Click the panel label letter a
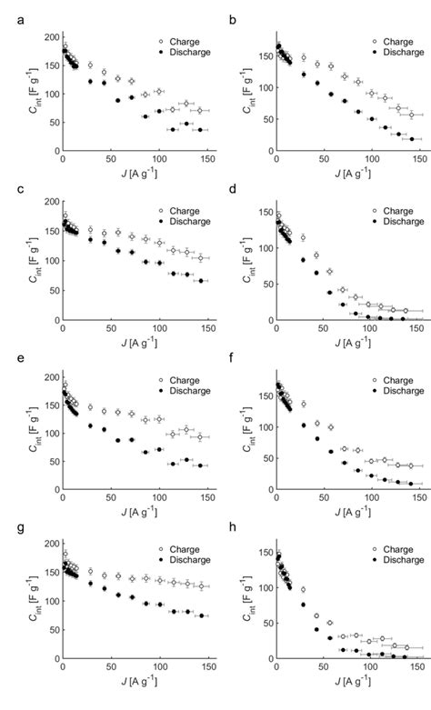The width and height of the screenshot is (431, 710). (x=7, y=10)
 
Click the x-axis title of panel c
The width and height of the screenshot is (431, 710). (x=109, y=345)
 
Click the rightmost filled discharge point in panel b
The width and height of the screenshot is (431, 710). (x=412, y=139)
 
